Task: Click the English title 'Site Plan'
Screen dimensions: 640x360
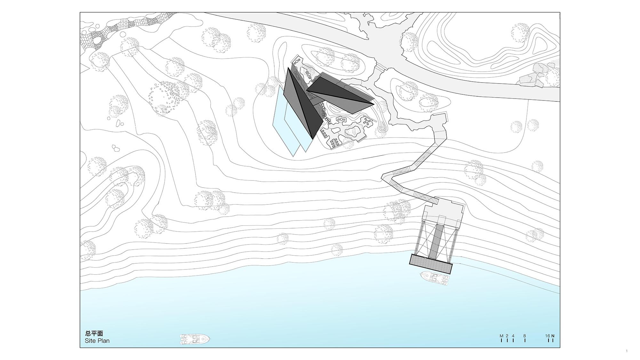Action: (97, 341)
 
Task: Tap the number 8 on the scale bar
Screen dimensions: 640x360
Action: (525, 336)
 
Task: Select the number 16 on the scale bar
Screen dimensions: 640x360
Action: (548, 336)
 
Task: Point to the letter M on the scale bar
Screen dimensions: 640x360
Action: (501, 336)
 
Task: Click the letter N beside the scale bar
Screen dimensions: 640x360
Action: (553, 336)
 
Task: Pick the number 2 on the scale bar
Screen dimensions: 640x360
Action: (507, 336)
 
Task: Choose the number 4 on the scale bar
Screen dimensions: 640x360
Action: (513, 336)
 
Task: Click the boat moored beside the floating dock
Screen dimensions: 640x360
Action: (435, 278)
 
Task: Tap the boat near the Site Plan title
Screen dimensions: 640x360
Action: (195, 339)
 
